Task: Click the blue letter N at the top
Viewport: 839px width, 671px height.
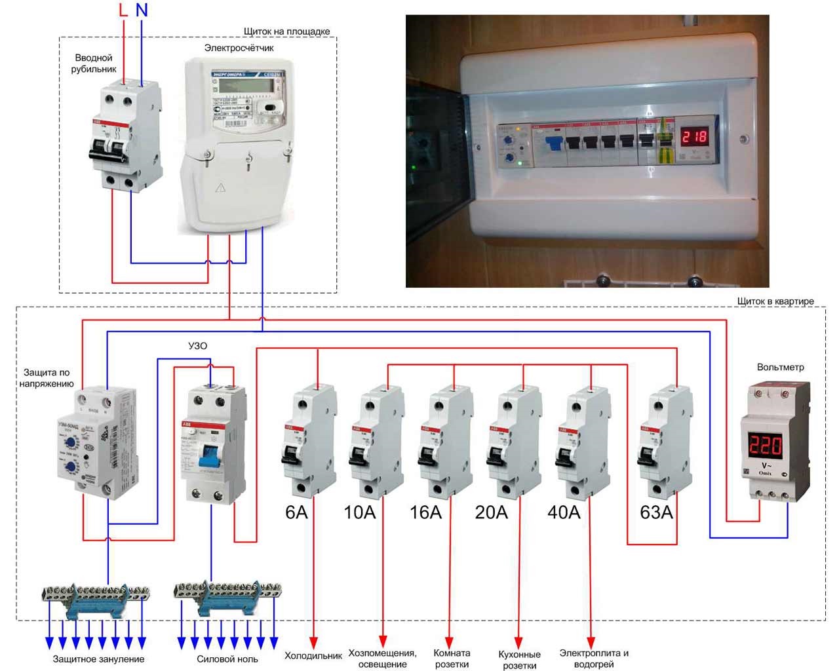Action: pos(142,10)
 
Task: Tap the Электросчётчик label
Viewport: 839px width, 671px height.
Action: pos(239,48)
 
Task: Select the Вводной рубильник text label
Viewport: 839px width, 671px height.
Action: pos(94,63)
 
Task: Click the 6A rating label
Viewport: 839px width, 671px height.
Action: pos(296,512)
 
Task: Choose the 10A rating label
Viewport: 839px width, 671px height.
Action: pos(360,512)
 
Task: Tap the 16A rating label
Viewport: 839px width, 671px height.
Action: pos(426,512)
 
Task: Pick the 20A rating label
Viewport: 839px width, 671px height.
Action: pos(492,512)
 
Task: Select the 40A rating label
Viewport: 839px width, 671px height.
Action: pos(564,512)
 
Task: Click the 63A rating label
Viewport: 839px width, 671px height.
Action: pos(657,512)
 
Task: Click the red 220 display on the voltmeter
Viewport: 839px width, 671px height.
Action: pos(766,445)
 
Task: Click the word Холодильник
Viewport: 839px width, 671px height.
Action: pos(313,655)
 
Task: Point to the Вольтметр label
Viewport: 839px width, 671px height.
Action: pos(780,367)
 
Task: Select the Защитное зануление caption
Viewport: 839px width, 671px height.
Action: pos(98,659)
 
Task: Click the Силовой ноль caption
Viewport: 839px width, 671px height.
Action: pos(227,659)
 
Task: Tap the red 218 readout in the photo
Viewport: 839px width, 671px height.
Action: pos(694,137)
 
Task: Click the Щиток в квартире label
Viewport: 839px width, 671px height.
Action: pos(775,301)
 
